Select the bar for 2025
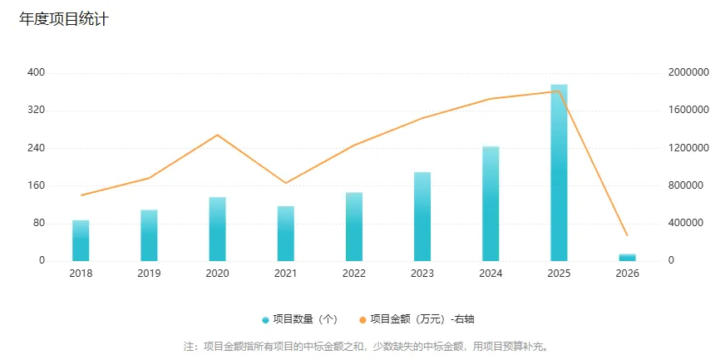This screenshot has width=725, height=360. (x=559, y=173)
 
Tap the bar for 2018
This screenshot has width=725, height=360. (x=81, y=240)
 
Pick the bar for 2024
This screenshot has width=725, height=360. (x=491, y=204)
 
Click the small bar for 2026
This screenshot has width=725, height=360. (x=627, y=257)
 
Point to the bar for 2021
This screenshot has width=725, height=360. (x=286, y=234)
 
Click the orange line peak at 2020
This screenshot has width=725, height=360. (x=217, y=135)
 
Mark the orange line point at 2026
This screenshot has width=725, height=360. (x=627, y=235)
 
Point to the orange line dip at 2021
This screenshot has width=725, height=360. (x=286, y=183)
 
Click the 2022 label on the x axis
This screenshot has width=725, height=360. (x=353, y=274)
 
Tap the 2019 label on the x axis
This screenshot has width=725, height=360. (x=149, y=274)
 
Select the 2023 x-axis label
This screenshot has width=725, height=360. (x=422, y=274)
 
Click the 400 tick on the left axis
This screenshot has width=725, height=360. (x=36, y=73)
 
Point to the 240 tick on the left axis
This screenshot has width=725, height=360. (x=36, y=148)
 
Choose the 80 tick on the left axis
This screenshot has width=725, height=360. (x=38, y=223)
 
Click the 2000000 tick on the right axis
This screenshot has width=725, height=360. (x=688, y=73)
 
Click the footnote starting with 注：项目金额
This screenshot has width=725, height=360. (x=362, y=346)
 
